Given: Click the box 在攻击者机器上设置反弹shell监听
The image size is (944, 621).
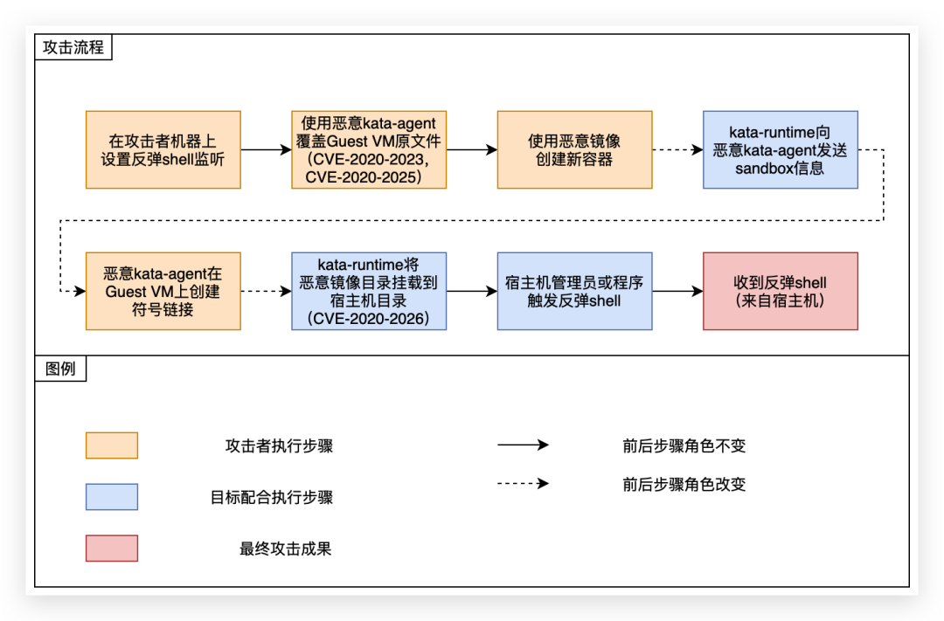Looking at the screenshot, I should click(x=163, y=149).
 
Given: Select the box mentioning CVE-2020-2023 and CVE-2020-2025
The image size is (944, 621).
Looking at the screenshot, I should click(x=369, y=149).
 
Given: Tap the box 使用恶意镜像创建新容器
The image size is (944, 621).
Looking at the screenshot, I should click(x=574, y=149).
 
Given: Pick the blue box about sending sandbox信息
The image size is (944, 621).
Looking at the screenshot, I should click(x=780, y=149).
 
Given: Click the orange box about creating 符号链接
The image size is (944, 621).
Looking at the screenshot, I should click(x=163, y=291).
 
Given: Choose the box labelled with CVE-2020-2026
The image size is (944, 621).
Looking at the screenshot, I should click(x=369, y=291).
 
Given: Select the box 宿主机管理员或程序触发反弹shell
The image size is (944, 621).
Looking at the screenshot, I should click(x=574, y=291).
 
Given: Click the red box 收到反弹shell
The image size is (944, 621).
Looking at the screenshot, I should click(x=780, y=291).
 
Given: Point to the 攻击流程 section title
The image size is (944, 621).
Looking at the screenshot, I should click(x=73, y=47).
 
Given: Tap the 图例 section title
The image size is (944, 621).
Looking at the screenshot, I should click(x=60, y=369).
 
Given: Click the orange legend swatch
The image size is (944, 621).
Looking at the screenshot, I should click(x=112, y=445).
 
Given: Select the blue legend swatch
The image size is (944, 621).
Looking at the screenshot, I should click(x=112, y=497).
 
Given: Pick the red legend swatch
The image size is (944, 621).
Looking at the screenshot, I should click(x=112, y=549).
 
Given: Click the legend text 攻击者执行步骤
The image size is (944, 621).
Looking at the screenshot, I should click(x=279, y=445).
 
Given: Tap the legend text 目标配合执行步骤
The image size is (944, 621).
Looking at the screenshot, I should click(x=272, y=497).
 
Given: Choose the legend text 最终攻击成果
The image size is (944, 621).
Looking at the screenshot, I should click(x=286, y=549).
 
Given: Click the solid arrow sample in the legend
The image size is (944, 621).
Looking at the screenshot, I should click(x=523, y=445).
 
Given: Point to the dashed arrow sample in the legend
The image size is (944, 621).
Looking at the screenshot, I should click(x=523, y=483).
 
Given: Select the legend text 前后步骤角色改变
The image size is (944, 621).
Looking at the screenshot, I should click(x=684, y=484).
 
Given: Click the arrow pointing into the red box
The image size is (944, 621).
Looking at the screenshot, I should click(x=677, y=291).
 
